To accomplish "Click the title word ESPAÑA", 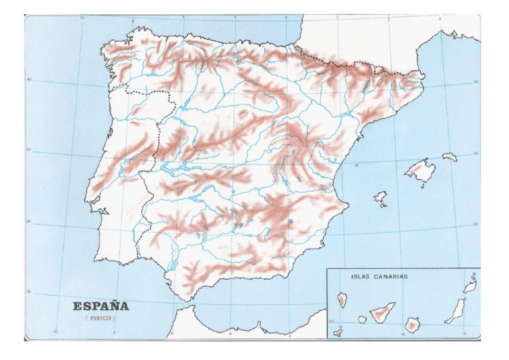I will [x=101, y=306].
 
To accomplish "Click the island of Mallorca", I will [x=420, y=170].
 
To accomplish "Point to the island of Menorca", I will [x=450, y=157].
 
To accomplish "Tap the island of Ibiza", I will [x=380, y=197].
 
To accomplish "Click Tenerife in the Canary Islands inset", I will [x=384, y=312].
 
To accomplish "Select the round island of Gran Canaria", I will [x=414, y=325].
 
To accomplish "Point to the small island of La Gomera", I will [x=363, y=319].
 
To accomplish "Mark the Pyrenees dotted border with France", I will [x=345, y=64].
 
